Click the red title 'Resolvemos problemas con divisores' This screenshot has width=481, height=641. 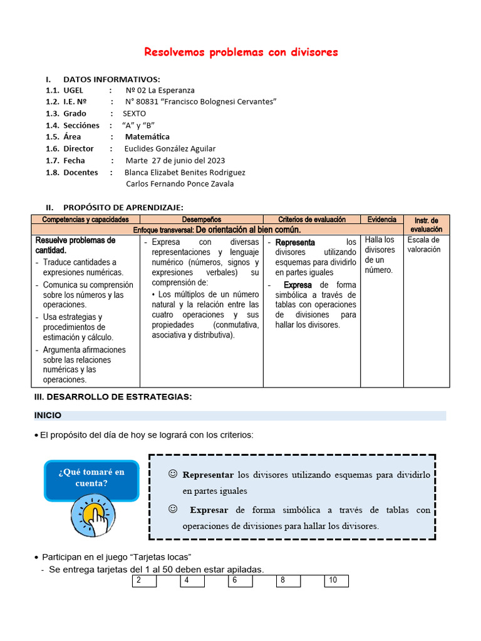tap(241, 52)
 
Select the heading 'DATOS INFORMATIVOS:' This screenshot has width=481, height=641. tap(111, 79)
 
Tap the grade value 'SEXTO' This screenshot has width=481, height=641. tap(134, 113)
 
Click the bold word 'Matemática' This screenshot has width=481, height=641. tap(147, 136)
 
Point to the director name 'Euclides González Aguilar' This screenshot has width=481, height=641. tap(170, 148)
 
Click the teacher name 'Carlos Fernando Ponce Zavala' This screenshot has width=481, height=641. tap(180, 183)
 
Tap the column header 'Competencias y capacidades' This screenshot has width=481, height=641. tap(85, 220)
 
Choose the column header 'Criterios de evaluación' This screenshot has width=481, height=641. tap(311, 220)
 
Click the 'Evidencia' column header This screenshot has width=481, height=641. tap(381, 220)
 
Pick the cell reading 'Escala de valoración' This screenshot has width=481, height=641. tap(423, 245)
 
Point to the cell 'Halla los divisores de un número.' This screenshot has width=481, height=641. tap(380, 255)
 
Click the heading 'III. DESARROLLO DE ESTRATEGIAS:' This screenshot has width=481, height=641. tap(112, 397)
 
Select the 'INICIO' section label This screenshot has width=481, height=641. tap(48, 416)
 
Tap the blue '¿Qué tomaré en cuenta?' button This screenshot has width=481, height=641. tap(91, 478)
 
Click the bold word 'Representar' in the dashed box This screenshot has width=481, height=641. tap(208, 474)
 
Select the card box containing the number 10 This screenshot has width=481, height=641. tap(336, 581)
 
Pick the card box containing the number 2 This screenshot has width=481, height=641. tap(144, 581)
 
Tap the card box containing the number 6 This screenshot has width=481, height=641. tap(240, 581)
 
